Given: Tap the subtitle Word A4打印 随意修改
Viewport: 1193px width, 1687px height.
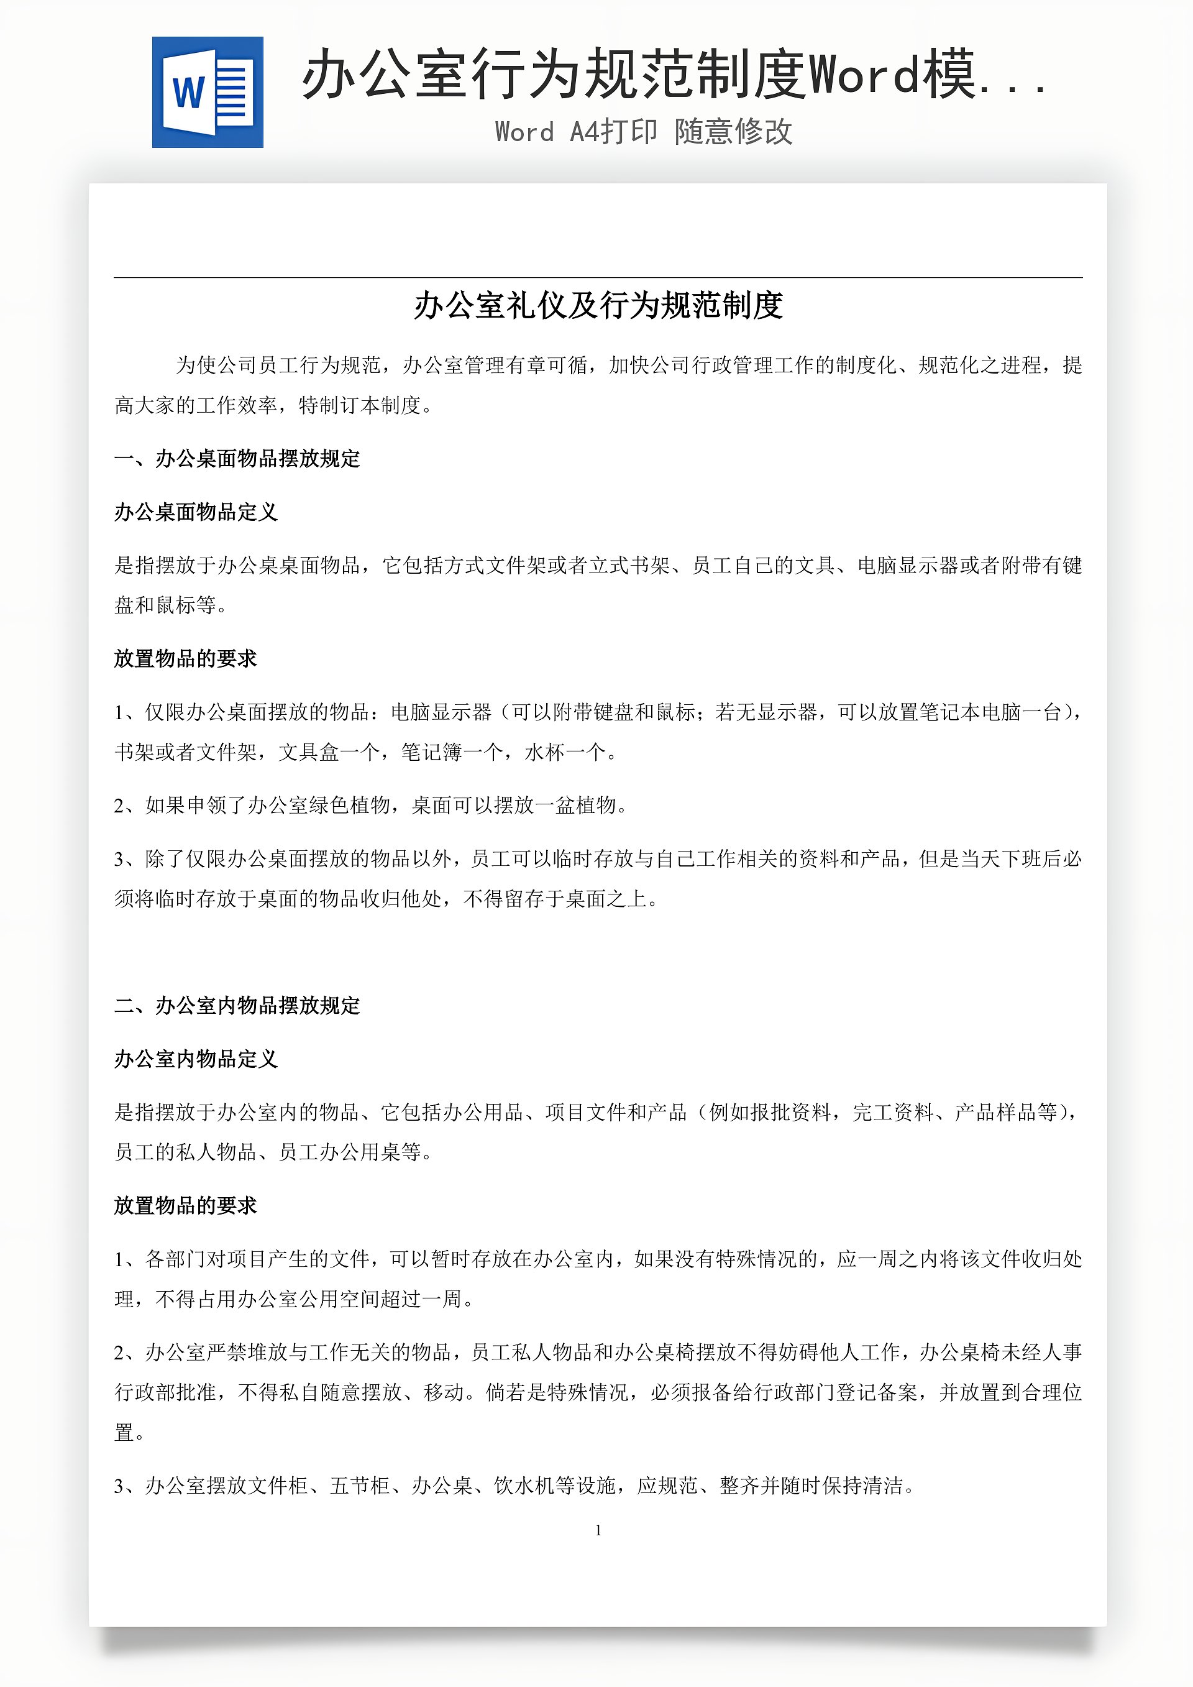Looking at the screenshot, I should [x=644, y=132].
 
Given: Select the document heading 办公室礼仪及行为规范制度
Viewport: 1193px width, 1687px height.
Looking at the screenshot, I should [x=598, y=306].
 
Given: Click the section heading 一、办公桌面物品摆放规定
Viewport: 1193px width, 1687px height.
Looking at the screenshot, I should [x=237, y=459].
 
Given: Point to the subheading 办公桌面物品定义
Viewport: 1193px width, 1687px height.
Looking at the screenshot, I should [x=196, y=512].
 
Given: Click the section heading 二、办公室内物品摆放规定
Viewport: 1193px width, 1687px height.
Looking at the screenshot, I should [x=237, y=1005].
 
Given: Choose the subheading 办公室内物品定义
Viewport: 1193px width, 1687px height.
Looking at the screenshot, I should [x=196, y=1059].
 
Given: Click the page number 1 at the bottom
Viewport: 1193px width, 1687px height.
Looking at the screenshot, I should [x=598, y=1530].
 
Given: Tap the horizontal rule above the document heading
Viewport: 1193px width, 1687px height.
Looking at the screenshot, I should [x=598, y=277].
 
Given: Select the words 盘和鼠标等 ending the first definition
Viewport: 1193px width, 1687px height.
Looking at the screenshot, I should [x=165, y=605].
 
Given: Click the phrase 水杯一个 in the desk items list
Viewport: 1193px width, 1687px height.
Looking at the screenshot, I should [x=565, y=752].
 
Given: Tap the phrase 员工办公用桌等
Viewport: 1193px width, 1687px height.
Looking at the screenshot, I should [x=349, y=1151].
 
